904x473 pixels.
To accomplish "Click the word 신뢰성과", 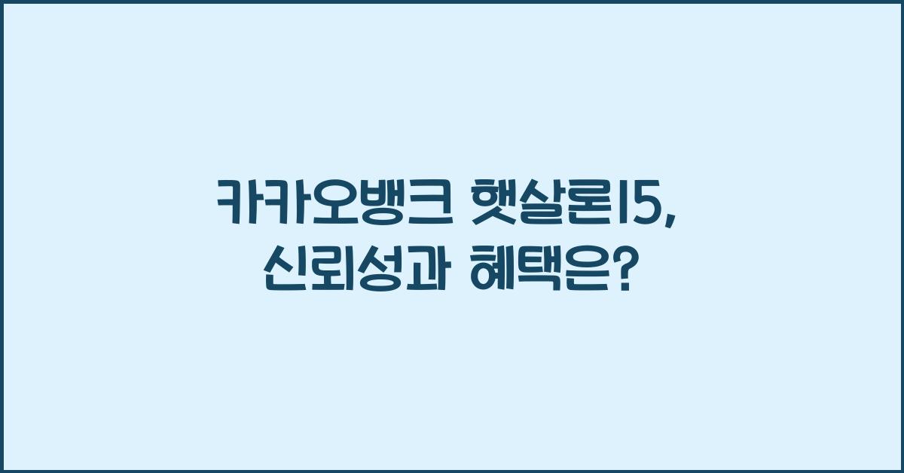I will click(x=354, y=269).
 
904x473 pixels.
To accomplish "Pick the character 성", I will click(x=378, y=269).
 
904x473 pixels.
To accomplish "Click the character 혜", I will click(x=495, y=269).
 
